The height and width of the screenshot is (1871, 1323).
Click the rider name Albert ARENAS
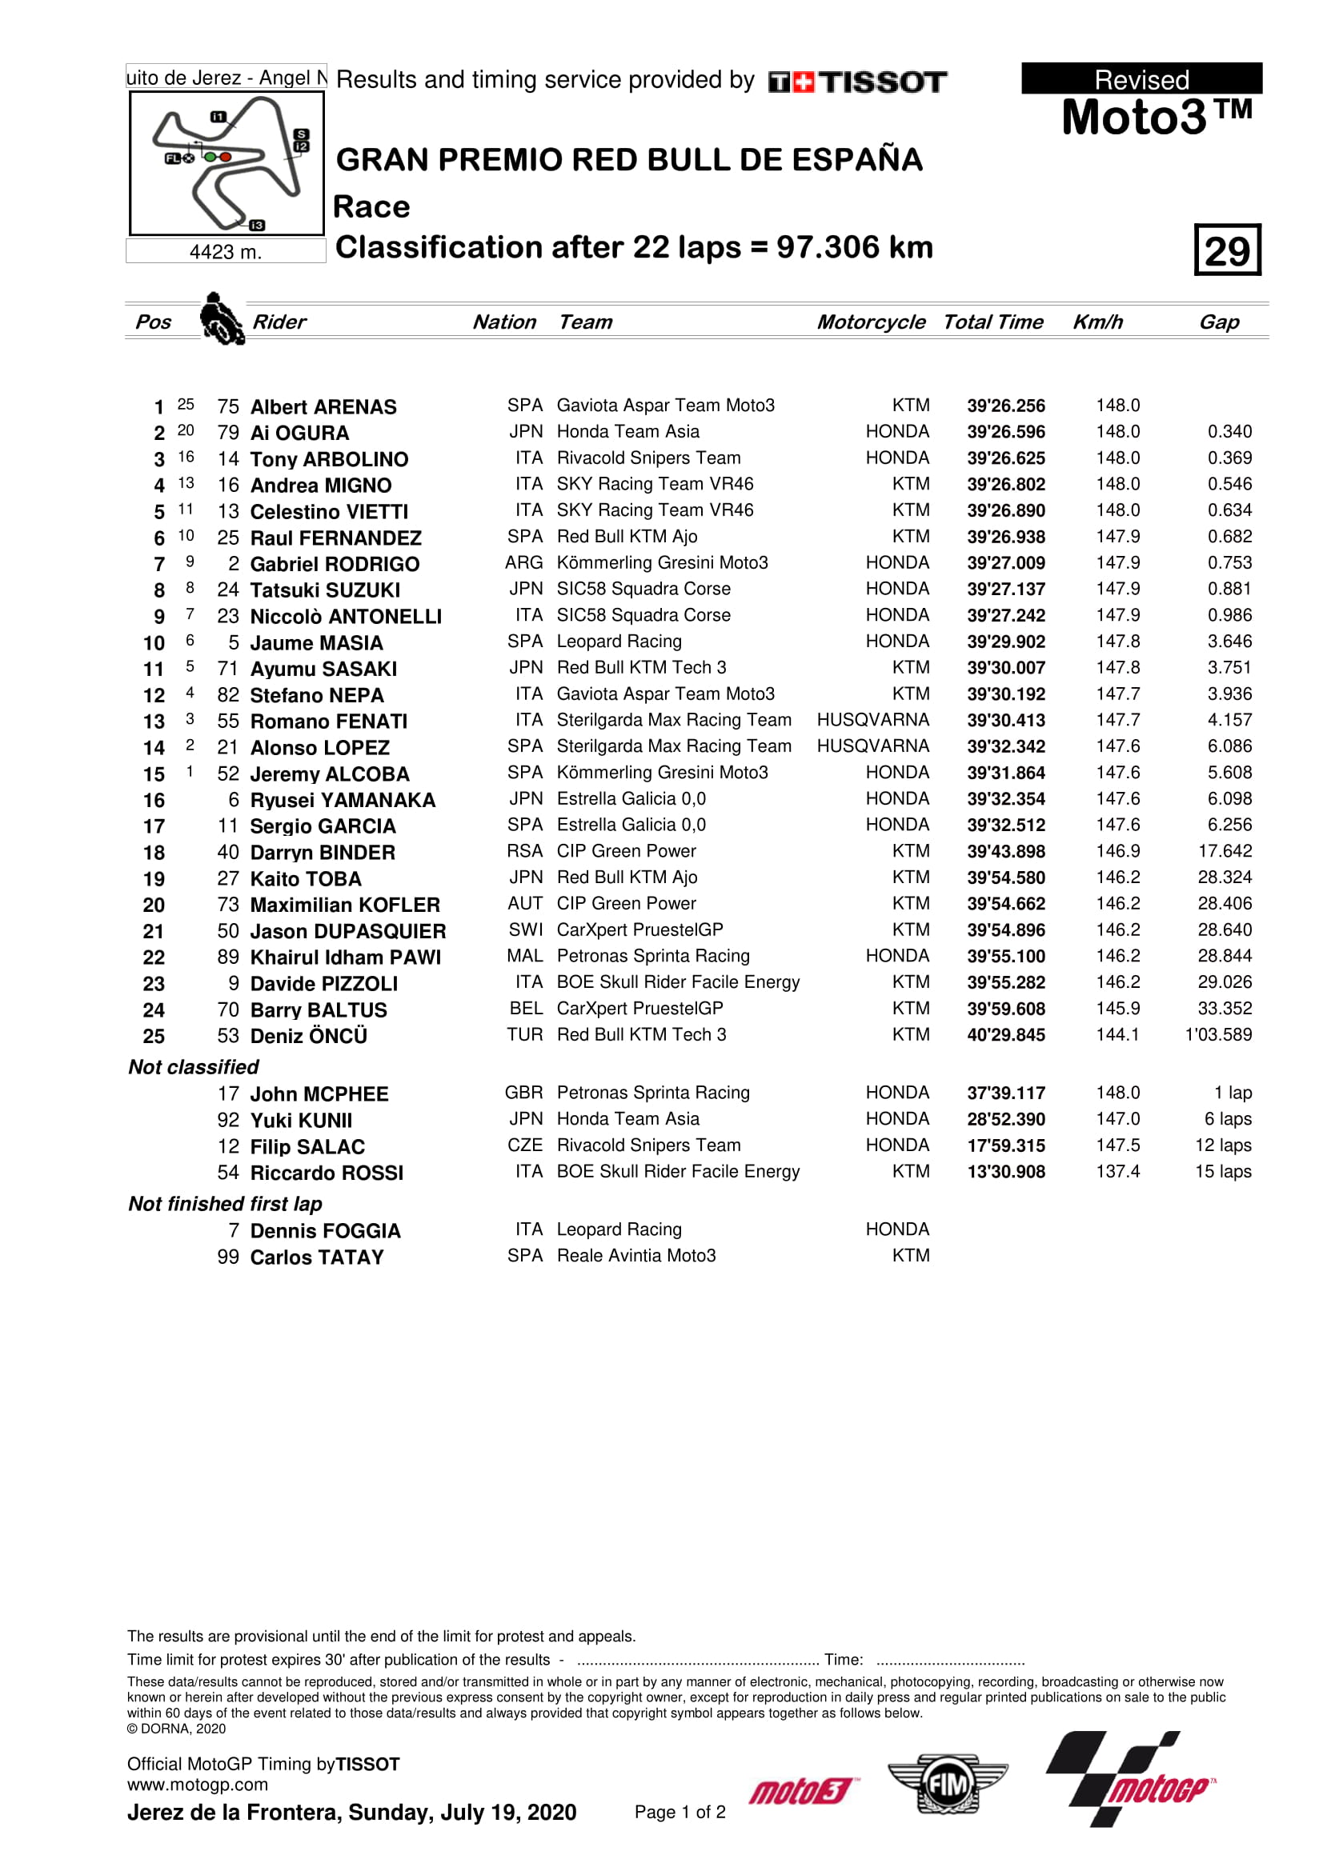[323, 406]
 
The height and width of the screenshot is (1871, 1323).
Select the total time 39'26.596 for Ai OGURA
[1005, 432]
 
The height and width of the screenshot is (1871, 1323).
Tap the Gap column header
[1218, 322]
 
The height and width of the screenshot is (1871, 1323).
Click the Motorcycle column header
[871, 322]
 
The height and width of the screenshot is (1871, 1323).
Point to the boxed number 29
[1227, 250]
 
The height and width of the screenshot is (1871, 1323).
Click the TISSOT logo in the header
[857, 82]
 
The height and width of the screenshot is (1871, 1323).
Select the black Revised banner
[1141, 79]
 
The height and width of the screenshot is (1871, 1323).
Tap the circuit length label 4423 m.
[226, 252]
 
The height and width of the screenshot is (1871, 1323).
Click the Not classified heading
[193, 1067]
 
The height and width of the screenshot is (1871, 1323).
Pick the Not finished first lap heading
[225, 1204]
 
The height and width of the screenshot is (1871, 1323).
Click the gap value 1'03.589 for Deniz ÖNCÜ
[1218, 1034]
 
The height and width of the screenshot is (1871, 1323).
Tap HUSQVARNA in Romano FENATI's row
[872, 720]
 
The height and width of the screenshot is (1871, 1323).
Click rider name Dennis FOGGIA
[324, 1230]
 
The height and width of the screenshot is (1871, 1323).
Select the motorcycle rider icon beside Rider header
[221, 318]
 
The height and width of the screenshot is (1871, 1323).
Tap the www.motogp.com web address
[197, 1785]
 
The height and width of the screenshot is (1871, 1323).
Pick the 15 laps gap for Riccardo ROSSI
[1223, 1171]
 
